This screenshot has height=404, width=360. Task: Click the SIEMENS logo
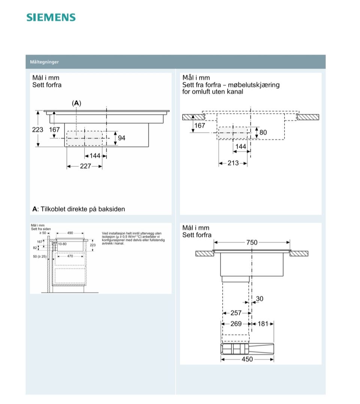pyautogui.click(x=51, y=17)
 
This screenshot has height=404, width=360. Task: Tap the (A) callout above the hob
pyautogui.click(x=76, y=103)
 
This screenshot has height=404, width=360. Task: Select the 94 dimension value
pyautogui.click(x=121, y=138)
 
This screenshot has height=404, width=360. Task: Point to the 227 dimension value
pyautogui.click(x=85, y=166)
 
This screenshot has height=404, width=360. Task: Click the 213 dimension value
pyautogui.click(x=233, y=163)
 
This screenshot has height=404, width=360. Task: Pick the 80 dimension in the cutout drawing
pyautogui.click(x=263, y=132)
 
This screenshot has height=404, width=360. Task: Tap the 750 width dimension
pyautogui.click(x=252, y=243)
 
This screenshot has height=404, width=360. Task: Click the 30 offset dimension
pyautogui.click(x=259, y=299)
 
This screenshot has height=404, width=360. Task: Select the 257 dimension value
pyautogui.click(x=236, y=313)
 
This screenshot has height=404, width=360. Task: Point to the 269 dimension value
pyautogui.click(x=236, y=324)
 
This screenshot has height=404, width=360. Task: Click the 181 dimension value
pyautogui.click(x=263, y=324)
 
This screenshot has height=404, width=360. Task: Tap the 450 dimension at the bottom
pyautogui.click(x=247, y=359)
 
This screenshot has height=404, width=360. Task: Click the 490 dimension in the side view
pyautogui.click(x=70, y=233)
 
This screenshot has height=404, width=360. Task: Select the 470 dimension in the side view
pyautogui.click(x=70, y=256)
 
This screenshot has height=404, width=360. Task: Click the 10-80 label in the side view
pyautogui.click(x=62, y=244)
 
